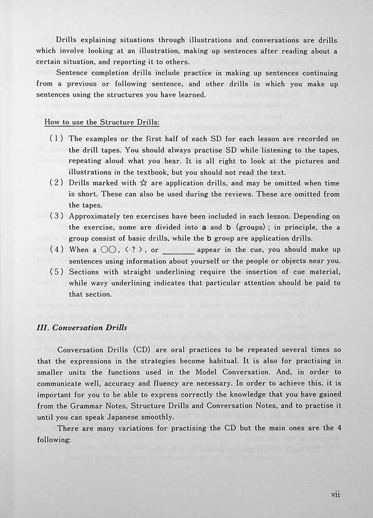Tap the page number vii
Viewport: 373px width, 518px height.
click(335, 494)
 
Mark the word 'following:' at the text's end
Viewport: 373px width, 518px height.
click(54, 439)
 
